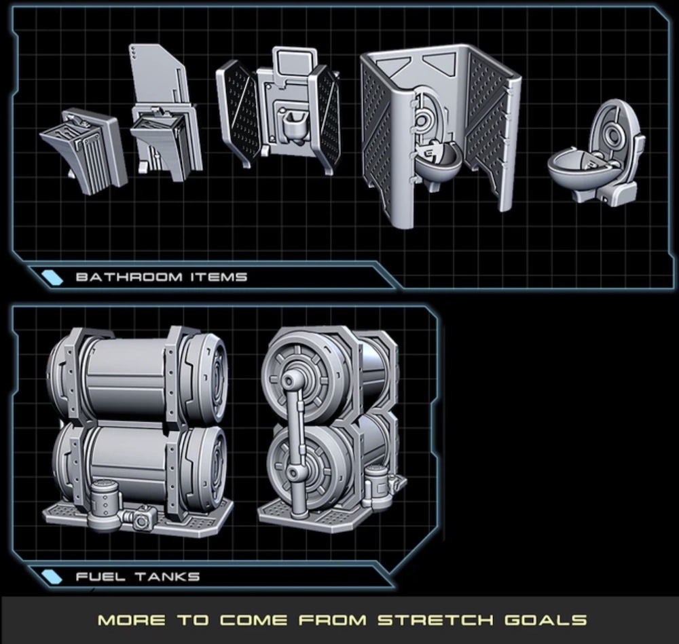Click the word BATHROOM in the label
tap(129, 277)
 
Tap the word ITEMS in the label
tap(219, 277)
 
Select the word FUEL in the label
tap(101, 577)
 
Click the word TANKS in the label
tap(167, 577)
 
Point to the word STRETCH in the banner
tap(435, 620)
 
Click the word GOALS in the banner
tap(546, 620)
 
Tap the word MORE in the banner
tap(132, 620)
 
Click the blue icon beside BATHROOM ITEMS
tap(52, 278)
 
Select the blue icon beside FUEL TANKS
tap(52, 577)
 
